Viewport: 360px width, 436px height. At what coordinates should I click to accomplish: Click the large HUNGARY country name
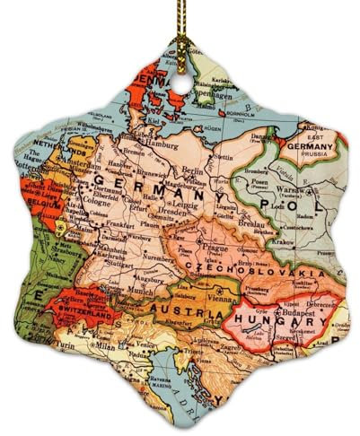point(277,320)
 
